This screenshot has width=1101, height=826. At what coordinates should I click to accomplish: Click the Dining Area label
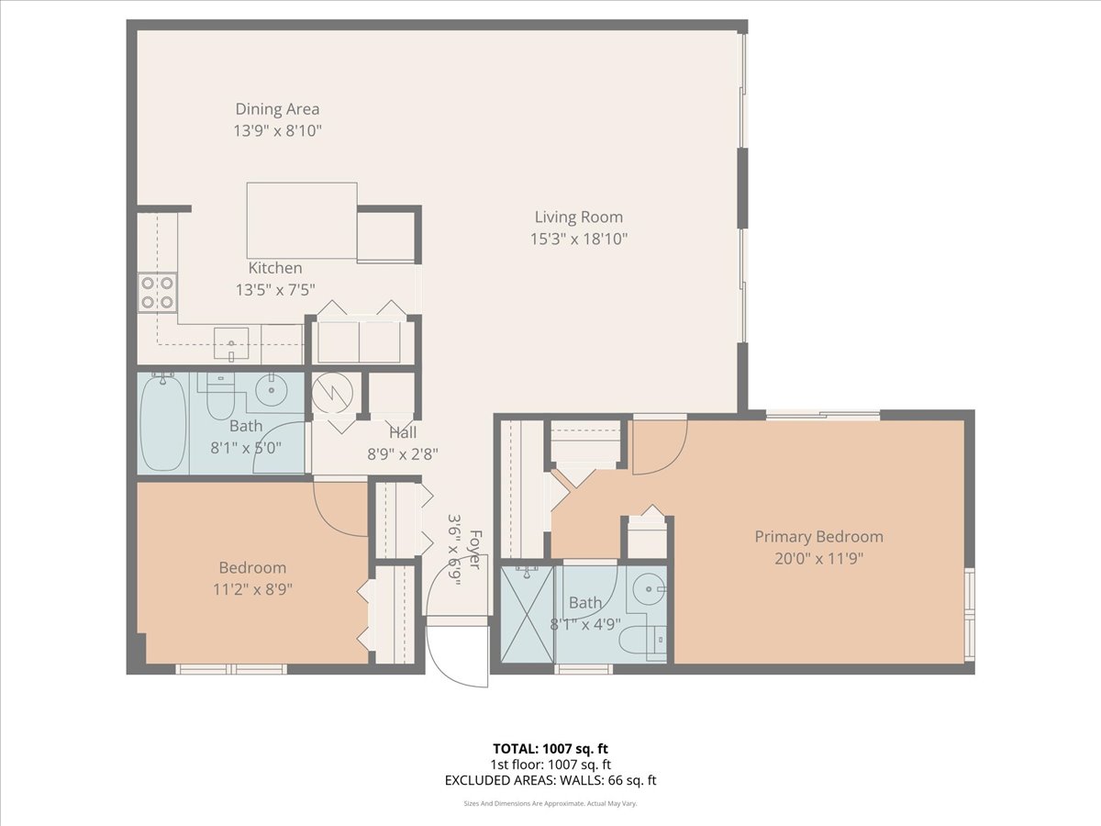pyautogui.click(x=277, y=110)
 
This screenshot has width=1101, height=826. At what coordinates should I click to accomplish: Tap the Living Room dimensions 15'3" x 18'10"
pyautogui.click(x=578, y=240)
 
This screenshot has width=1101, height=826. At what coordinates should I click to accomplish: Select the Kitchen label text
pyautogui.click(x=275, y=268)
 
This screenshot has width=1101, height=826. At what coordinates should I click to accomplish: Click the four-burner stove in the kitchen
pyautogui.click(x=157, y=292)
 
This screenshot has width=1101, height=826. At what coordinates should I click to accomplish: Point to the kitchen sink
pyautogui.click(x=231, y=343)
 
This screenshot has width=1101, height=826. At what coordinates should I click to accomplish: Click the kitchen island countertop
pyautogui.click(x=301, y=220)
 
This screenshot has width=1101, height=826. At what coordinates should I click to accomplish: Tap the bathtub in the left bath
pyautogui.click(x=164, y=421)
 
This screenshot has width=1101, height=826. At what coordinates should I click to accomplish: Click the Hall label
pyautogui.click(x=402, y=432)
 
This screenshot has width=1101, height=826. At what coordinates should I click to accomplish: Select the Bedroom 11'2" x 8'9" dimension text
pyautogui.click(x=252, y=588)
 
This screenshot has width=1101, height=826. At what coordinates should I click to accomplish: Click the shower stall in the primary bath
pyautogui.click(x=528, y=612)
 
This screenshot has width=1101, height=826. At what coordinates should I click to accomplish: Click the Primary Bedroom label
pyautogui.click(x=818, y=537)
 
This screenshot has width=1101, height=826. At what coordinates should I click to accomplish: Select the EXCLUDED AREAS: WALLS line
pyautogui.click(x=550, y=781)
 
